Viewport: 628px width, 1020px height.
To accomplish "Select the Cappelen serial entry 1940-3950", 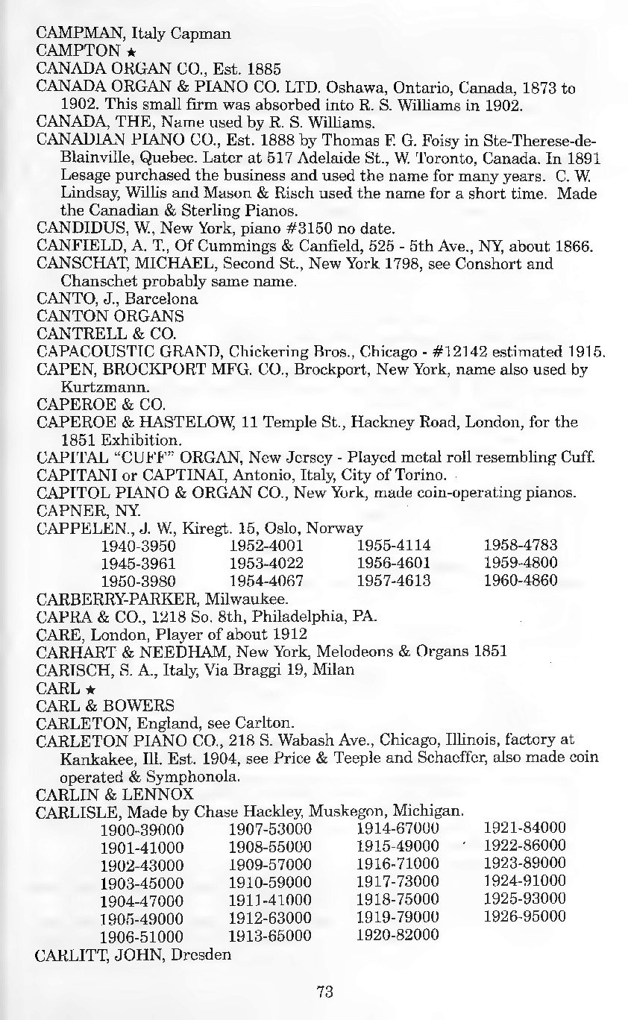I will pyautogui.click(x=142, y=547).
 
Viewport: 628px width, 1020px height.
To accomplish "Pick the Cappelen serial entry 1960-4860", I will pyautogui.click(x=520, y=580).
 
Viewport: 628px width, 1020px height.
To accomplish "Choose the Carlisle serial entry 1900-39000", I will pyautogui.click(x=142, y=829).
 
